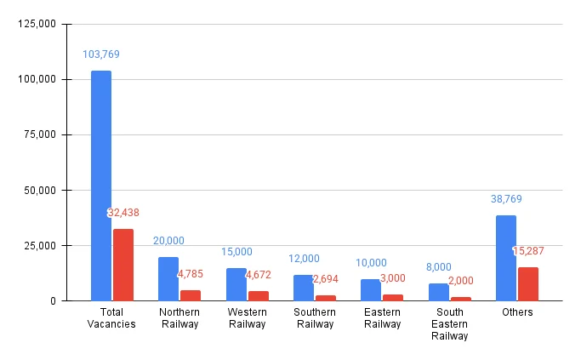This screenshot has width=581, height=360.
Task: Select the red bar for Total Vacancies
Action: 123,265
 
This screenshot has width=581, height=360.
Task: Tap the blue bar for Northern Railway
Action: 168,278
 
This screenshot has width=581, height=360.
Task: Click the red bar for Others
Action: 528,283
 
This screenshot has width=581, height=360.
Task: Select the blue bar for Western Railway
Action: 236,284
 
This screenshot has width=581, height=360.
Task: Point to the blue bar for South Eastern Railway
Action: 439,292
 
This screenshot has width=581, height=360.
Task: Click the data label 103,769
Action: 101,54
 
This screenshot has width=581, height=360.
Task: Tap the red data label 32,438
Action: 126,213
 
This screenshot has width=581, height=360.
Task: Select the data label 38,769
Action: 506,199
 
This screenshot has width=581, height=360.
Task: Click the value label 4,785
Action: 191,275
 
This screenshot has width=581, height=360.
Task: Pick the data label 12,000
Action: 304,259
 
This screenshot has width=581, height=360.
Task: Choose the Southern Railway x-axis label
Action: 315,318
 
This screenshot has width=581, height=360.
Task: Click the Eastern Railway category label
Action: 382,318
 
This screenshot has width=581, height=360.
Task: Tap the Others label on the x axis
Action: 517,312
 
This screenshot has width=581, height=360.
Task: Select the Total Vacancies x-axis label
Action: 111,318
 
